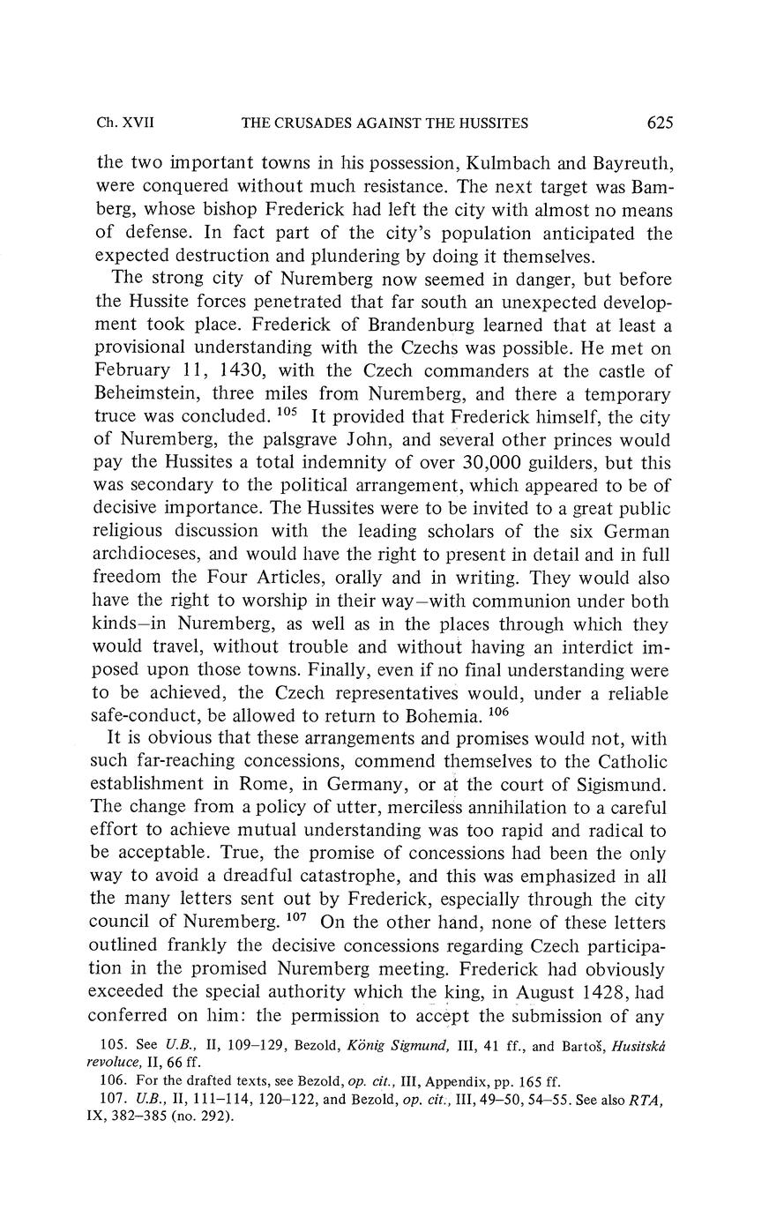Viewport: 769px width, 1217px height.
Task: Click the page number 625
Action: click(x=660, y=123)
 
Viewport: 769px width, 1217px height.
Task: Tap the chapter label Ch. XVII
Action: click(x=125, y=123)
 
